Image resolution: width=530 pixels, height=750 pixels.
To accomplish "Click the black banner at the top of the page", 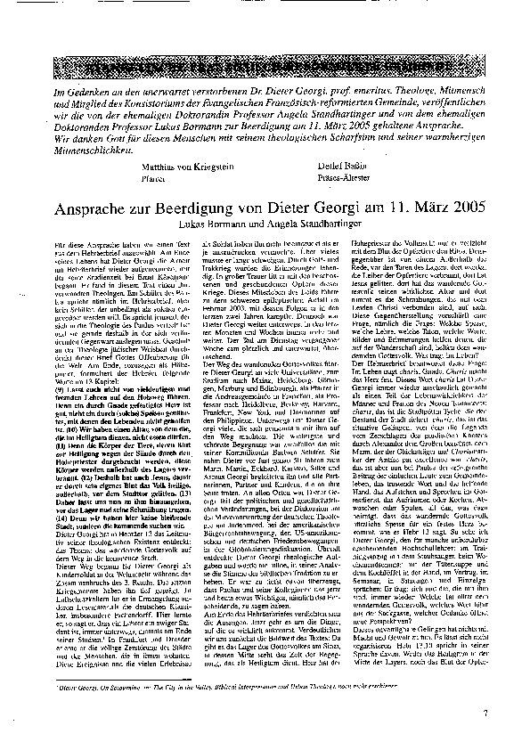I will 265,65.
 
